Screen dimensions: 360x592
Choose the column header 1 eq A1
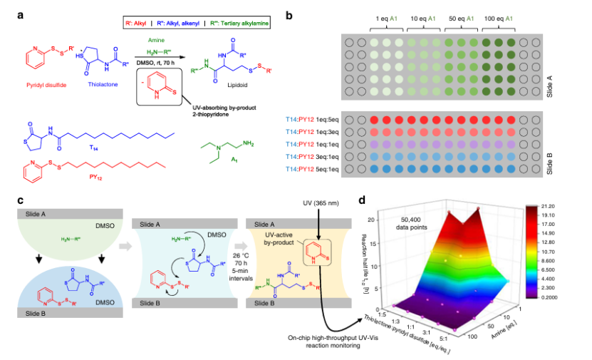[387, 20]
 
